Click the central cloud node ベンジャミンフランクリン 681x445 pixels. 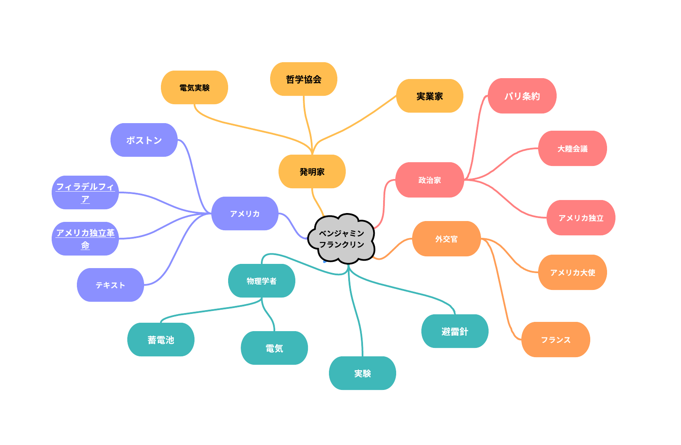pos(341,239)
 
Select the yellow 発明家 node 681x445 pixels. pos(312,171)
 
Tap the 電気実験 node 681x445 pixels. pos(194,87)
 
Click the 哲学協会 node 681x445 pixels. pos(303,79)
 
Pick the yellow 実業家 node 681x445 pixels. pos(430,96)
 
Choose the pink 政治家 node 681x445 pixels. pos(430,180)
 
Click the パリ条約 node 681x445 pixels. pos(522,96)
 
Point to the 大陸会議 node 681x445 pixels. pos(573,148)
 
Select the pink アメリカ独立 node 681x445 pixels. pos(581,218)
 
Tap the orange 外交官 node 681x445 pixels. pos(446,239)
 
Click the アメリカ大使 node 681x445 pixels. pos(573,272)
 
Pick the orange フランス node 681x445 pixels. pos(556,340)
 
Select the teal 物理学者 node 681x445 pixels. pos(261,281)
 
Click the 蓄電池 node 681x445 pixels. pos(161,340)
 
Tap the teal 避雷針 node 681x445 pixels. pos(455,331)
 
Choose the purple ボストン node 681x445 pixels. pos(144,140)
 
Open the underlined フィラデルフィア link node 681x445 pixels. pos(85,192)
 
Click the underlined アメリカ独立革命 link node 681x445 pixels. pos(85,239)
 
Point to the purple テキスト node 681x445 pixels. pos(110,285)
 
